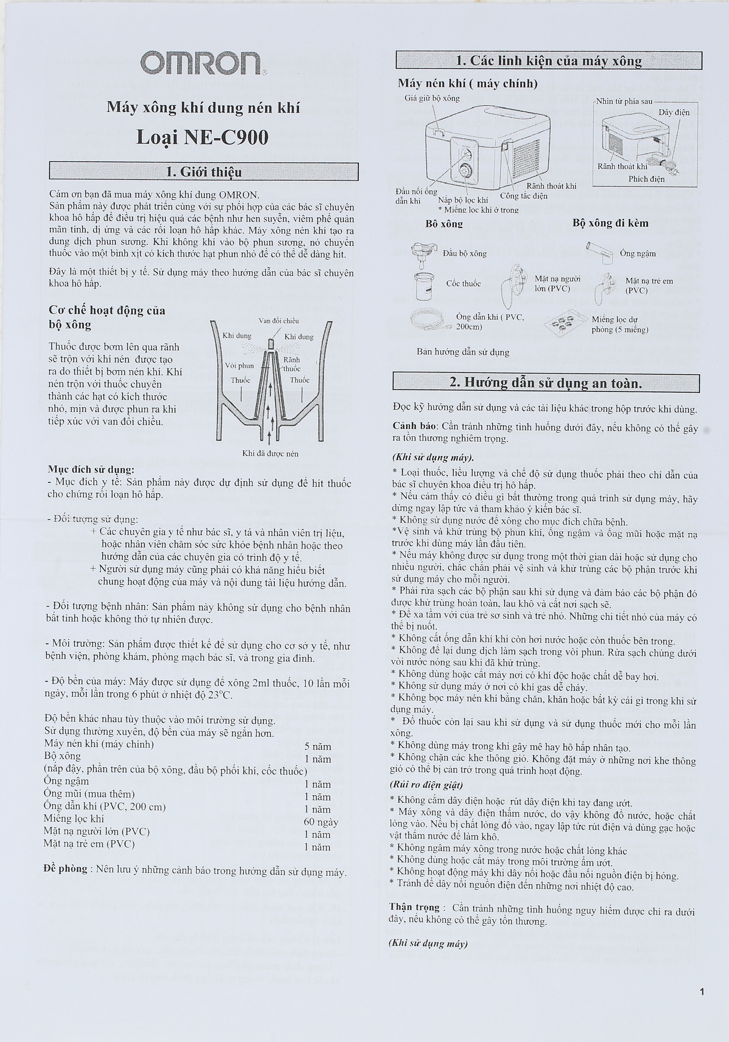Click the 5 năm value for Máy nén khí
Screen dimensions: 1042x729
tap(318, 747)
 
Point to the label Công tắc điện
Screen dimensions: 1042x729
tap(524, 196)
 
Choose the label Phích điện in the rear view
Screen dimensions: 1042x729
tap(646, 179)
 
